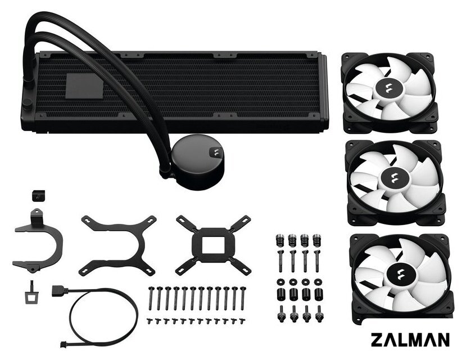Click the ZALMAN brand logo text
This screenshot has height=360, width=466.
point(410,340)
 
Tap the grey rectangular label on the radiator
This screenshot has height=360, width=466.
point(84,86)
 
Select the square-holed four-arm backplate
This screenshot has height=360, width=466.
point(213,245)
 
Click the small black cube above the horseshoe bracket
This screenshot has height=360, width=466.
point(38,196)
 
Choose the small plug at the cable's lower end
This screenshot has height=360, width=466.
point(64,344)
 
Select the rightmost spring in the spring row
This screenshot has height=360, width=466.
point(317,241)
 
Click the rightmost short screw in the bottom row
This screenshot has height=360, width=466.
point(243,321)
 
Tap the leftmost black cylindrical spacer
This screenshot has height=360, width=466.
point(280,294)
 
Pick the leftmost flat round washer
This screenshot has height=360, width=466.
point(280,281)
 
